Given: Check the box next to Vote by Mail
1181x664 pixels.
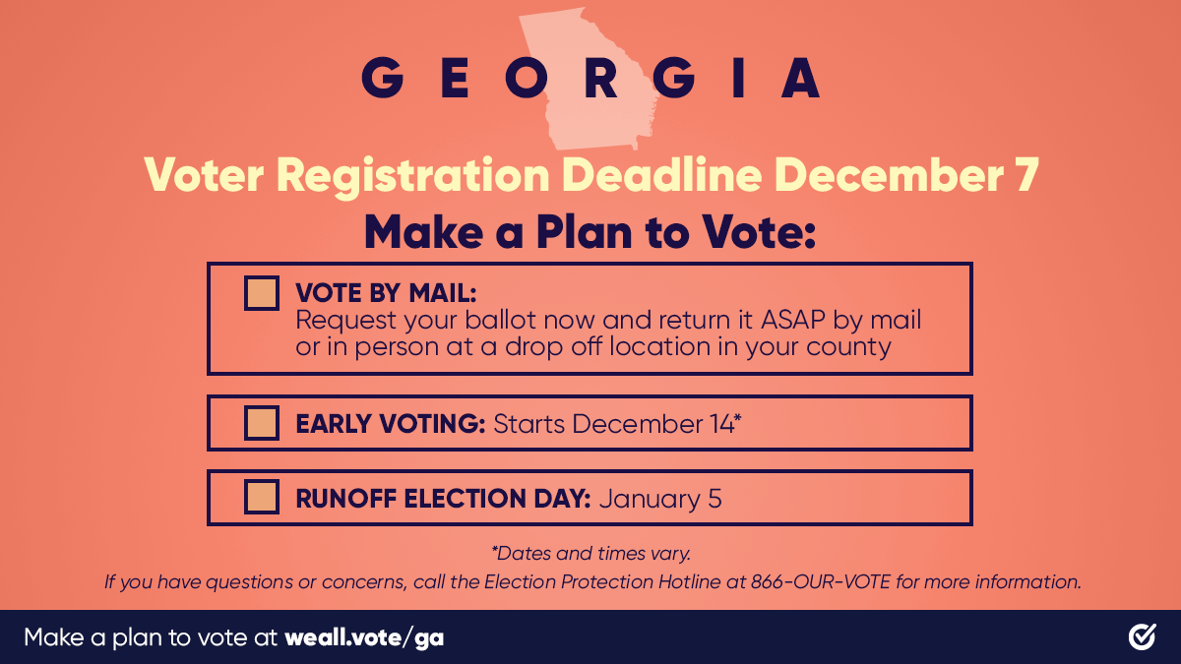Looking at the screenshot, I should pyautogui.click(x=262, y=293).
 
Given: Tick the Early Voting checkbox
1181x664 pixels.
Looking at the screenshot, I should pyautogui.click(x=262, y=423).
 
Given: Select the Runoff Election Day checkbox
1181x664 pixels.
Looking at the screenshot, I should pyautogui.click(x=262, y=498).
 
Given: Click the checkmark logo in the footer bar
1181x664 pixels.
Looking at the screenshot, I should pyautogui.click(x=1142, y=637).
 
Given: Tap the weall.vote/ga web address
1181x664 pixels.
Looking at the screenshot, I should pyautogui.click(x=364, y=637).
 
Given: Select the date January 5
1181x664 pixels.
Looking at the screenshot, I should pyautogui.click(x=660, y=499).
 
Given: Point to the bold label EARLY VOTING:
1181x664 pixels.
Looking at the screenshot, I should pyautogui.click(x=391, y=424).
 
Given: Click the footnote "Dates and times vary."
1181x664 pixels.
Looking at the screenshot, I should pyautogui.click(x=590, y=554).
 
